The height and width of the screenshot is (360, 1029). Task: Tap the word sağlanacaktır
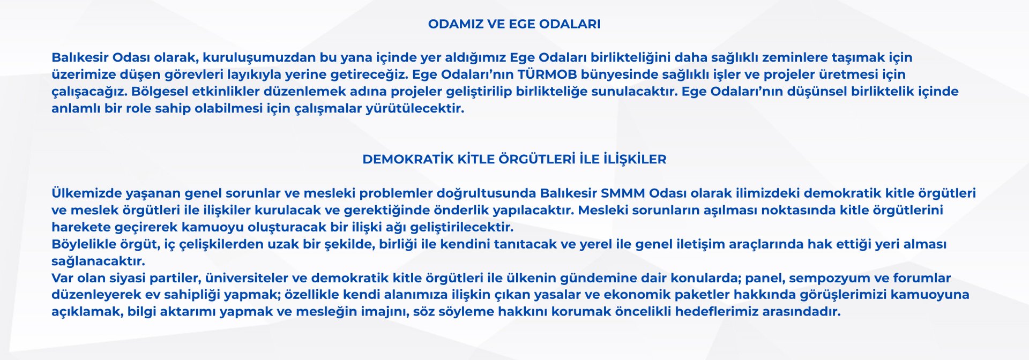click(x=98, y=261)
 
